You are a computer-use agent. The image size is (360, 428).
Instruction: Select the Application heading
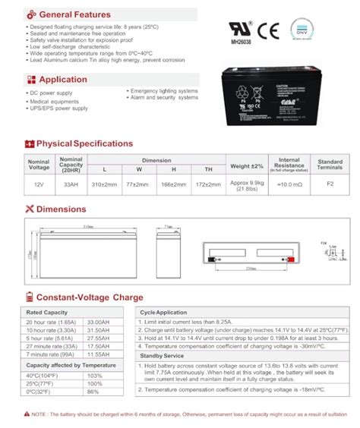coord(63,79)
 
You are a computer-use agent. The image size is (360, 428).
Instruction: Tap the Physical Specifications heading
coord(84,143)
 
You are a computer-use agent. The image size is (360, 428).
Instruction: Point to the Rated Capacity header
coord(47,312)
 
